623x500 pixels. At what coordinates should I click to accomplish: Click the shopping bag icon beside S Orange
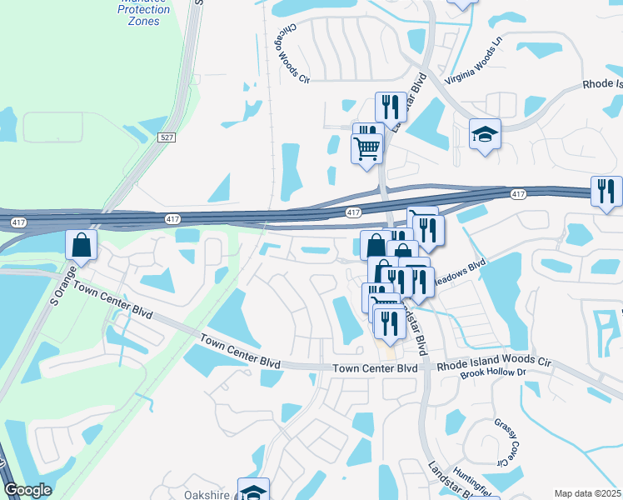82,244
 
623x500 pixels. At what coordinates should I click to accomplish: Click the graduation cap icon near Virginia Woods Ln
484,133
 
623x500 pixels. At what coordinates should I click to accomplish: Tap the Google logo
27,491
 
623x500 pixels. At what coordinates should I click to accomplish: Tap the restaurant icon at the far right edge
606,191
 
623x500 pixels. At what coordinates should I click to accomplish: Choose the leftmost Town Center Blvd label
112,300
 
